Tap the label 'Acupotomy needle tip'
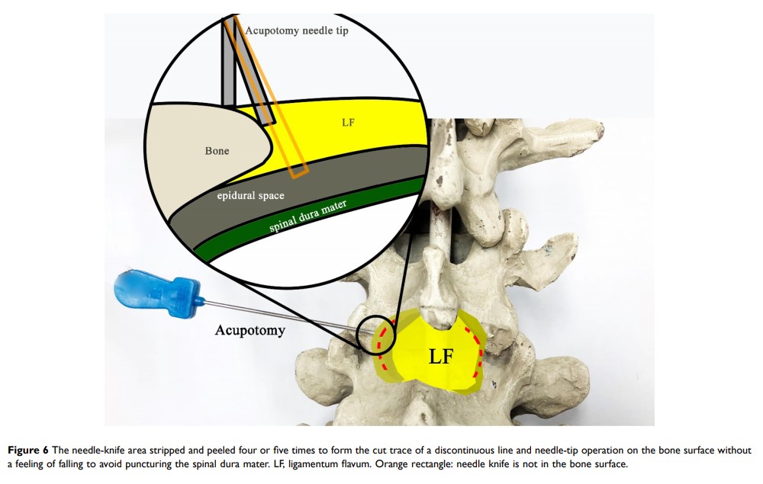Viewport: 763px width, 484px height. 298,31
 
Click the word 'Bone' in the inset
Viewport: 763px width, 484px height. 217,151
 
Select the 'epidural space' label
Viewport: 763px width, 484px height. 250,195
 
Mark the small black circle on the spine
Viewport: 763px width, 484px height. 379,335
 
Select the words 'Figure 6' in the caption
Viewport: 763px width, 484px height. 31,450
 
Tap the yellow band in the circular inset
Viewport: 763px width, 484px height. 366,130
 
